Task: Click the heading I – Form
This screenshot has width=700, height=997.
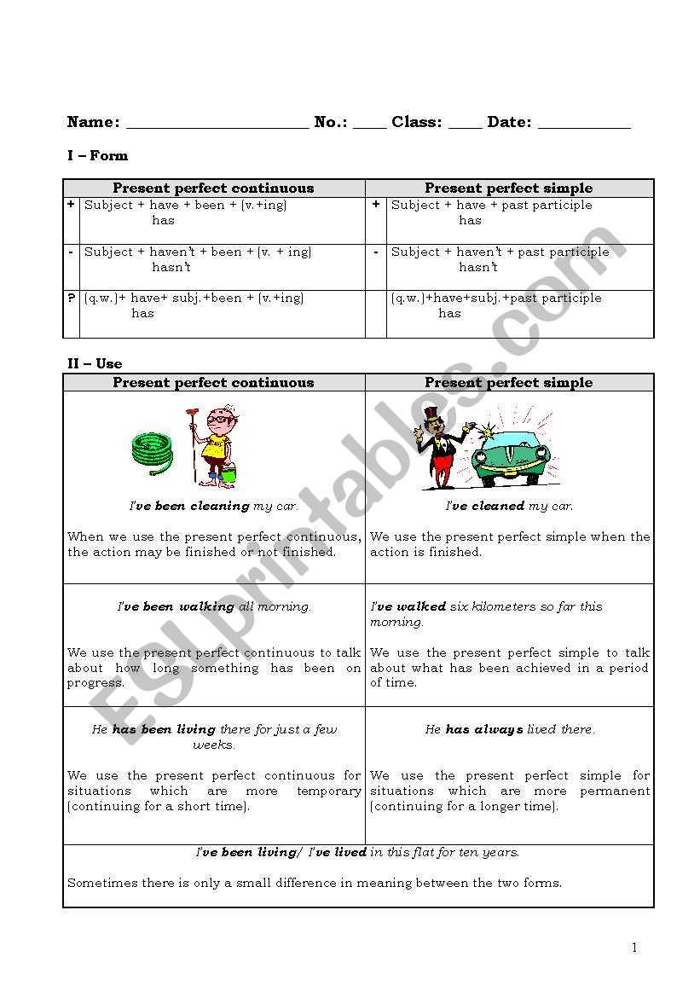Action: coord(98,155)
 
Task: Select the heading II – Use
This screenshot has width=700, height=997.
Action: coord(95,363)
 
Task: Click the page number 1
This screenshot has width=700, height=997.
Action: coord(633,948)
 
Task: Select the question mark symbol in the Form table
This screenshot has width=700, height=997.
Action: coord(71,298)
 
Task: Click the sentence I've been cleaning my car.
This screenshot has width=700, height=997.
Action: coord(214,506)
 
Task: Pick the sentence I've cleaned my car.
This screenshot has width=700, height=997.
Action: coord(509,506)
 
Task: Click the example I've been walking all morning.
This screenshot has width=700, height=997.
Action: coord(214,606)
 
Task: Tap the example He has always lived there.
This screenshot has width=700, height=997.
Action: coord(510,729)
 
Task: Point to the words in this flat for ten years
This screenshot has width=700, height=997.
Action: coord(444,851)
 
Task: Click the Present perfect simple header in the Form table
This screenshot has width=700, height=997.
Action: coord(509,188)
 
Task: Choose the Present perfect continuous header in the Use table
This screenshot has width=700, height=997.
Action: coord(213,382)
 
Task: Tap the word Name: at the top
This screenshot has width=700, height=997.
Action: coord(93,122)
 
